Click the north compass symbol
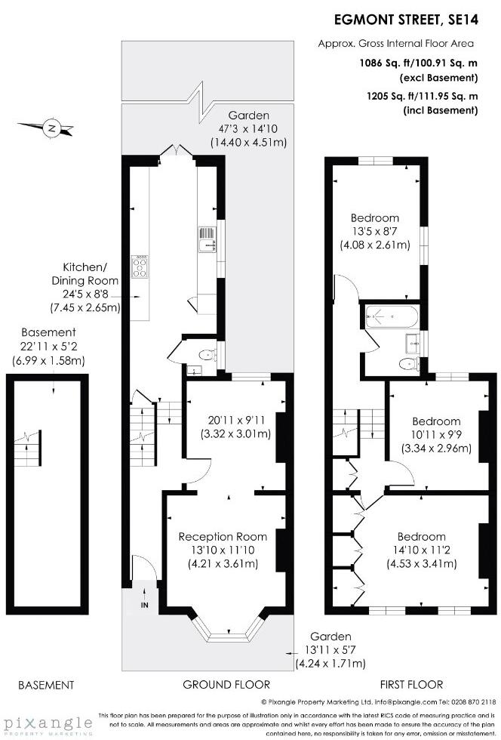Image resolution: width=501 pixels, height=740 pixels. pyautogui.click(x=51, y=128)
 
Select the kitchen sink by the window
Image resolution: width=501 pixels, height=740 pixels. pyautogui.click(x=205, y=241)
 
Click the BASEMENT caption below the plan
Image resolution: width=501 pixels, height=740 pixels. pyautogui.click(x=45, y=685)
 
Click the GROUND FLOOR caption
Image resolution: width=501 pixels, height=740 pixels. pyautogui.click(x=226, y=685)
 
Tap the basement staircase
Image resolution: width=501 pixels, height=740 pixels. pyautogui.click(x=29, y=447)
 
